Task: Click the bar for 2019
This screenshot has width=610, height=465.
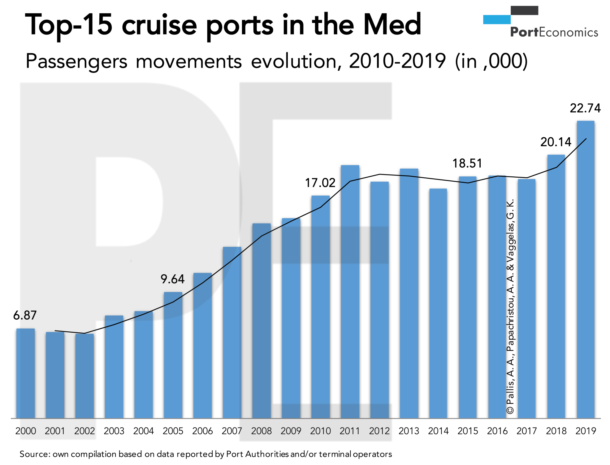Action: click(x=585, y=270)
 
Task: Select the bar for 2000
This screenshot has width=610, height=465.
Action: click(x=25, y=373)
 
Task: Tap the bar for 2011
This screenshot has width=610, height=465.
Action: click(x=350, y=291)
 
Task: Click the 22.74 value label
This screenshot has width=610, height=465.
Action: click(x=585, y=108)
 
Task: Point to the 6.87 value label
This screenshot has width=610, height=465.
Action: click(x=25, y=315)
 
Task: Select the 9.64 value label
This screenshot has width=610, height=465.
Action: click(x=172, y=279)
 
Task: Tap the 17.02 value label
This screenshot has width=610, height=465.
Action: click(x=320, y=183)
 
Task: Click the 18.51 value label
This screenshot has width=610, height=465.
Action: click(x=467, y=163)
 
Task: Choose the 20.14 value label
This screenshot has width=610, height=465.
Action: click(x=556, y=142)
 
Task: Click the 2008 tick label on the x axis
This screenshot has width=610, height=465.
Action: click(x=261, y=431)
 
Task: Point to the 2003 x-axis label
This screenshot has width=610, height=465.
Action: click(x=114, y=431)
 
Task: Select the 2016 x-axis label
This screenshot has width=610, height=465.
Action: click(x=497, y=431)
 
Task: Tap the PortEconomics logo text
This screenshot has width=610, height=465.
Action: click(x=554, y=32)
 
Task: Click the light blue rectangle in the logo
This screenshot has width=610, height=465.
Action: click(x=497, y=20)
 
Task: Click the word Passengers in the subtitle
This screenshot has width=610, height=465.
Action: click(x=76, y=61)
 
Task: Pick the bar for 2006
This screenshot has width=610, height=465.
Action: click(x=202, y=345)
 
